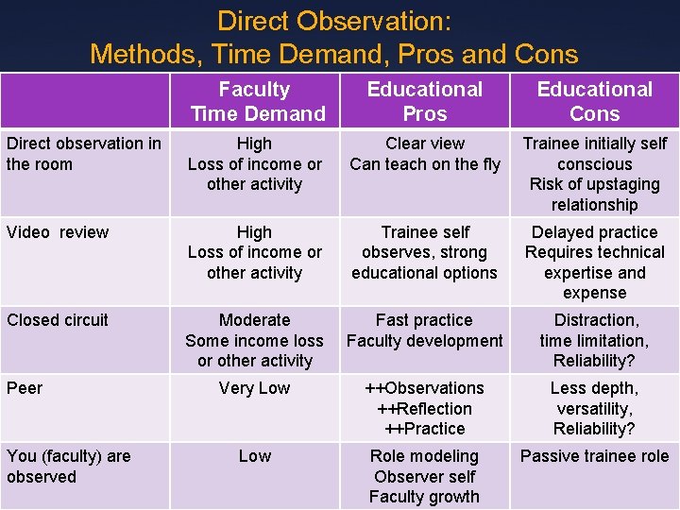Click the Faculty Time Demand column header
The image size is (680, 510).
254,102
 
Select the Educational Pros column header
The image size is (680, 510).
424,102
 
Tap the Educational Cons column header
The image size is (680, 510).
594,102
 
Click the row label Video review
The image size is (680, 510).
58,232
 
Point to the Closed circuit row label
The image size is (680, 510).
58,320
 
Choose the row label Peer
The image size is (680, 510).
25,388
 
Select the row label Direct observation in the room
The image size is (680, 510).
83,154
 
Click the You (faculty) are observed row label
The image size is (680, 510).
68,467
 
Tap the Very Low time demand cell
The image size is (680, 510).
254,388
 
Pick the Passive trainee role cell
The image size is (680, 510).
594,456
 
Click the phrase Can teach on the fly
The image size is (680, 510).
424,164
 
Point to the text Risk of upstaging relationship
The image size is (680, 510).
594,195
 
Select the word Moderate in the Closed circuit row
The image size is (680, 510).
254,320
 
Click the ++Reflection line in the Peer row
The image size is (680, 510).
424,409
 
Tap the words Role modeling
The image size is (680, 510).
424,456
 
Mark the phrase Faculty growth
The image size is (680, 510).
424,497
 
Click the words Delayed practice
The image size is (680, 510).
594,232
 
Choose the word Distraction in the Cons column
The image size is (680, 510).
596,320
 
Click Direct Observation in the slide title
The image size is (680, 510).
334,21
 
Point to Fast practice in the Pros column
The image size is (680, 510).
424,320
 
